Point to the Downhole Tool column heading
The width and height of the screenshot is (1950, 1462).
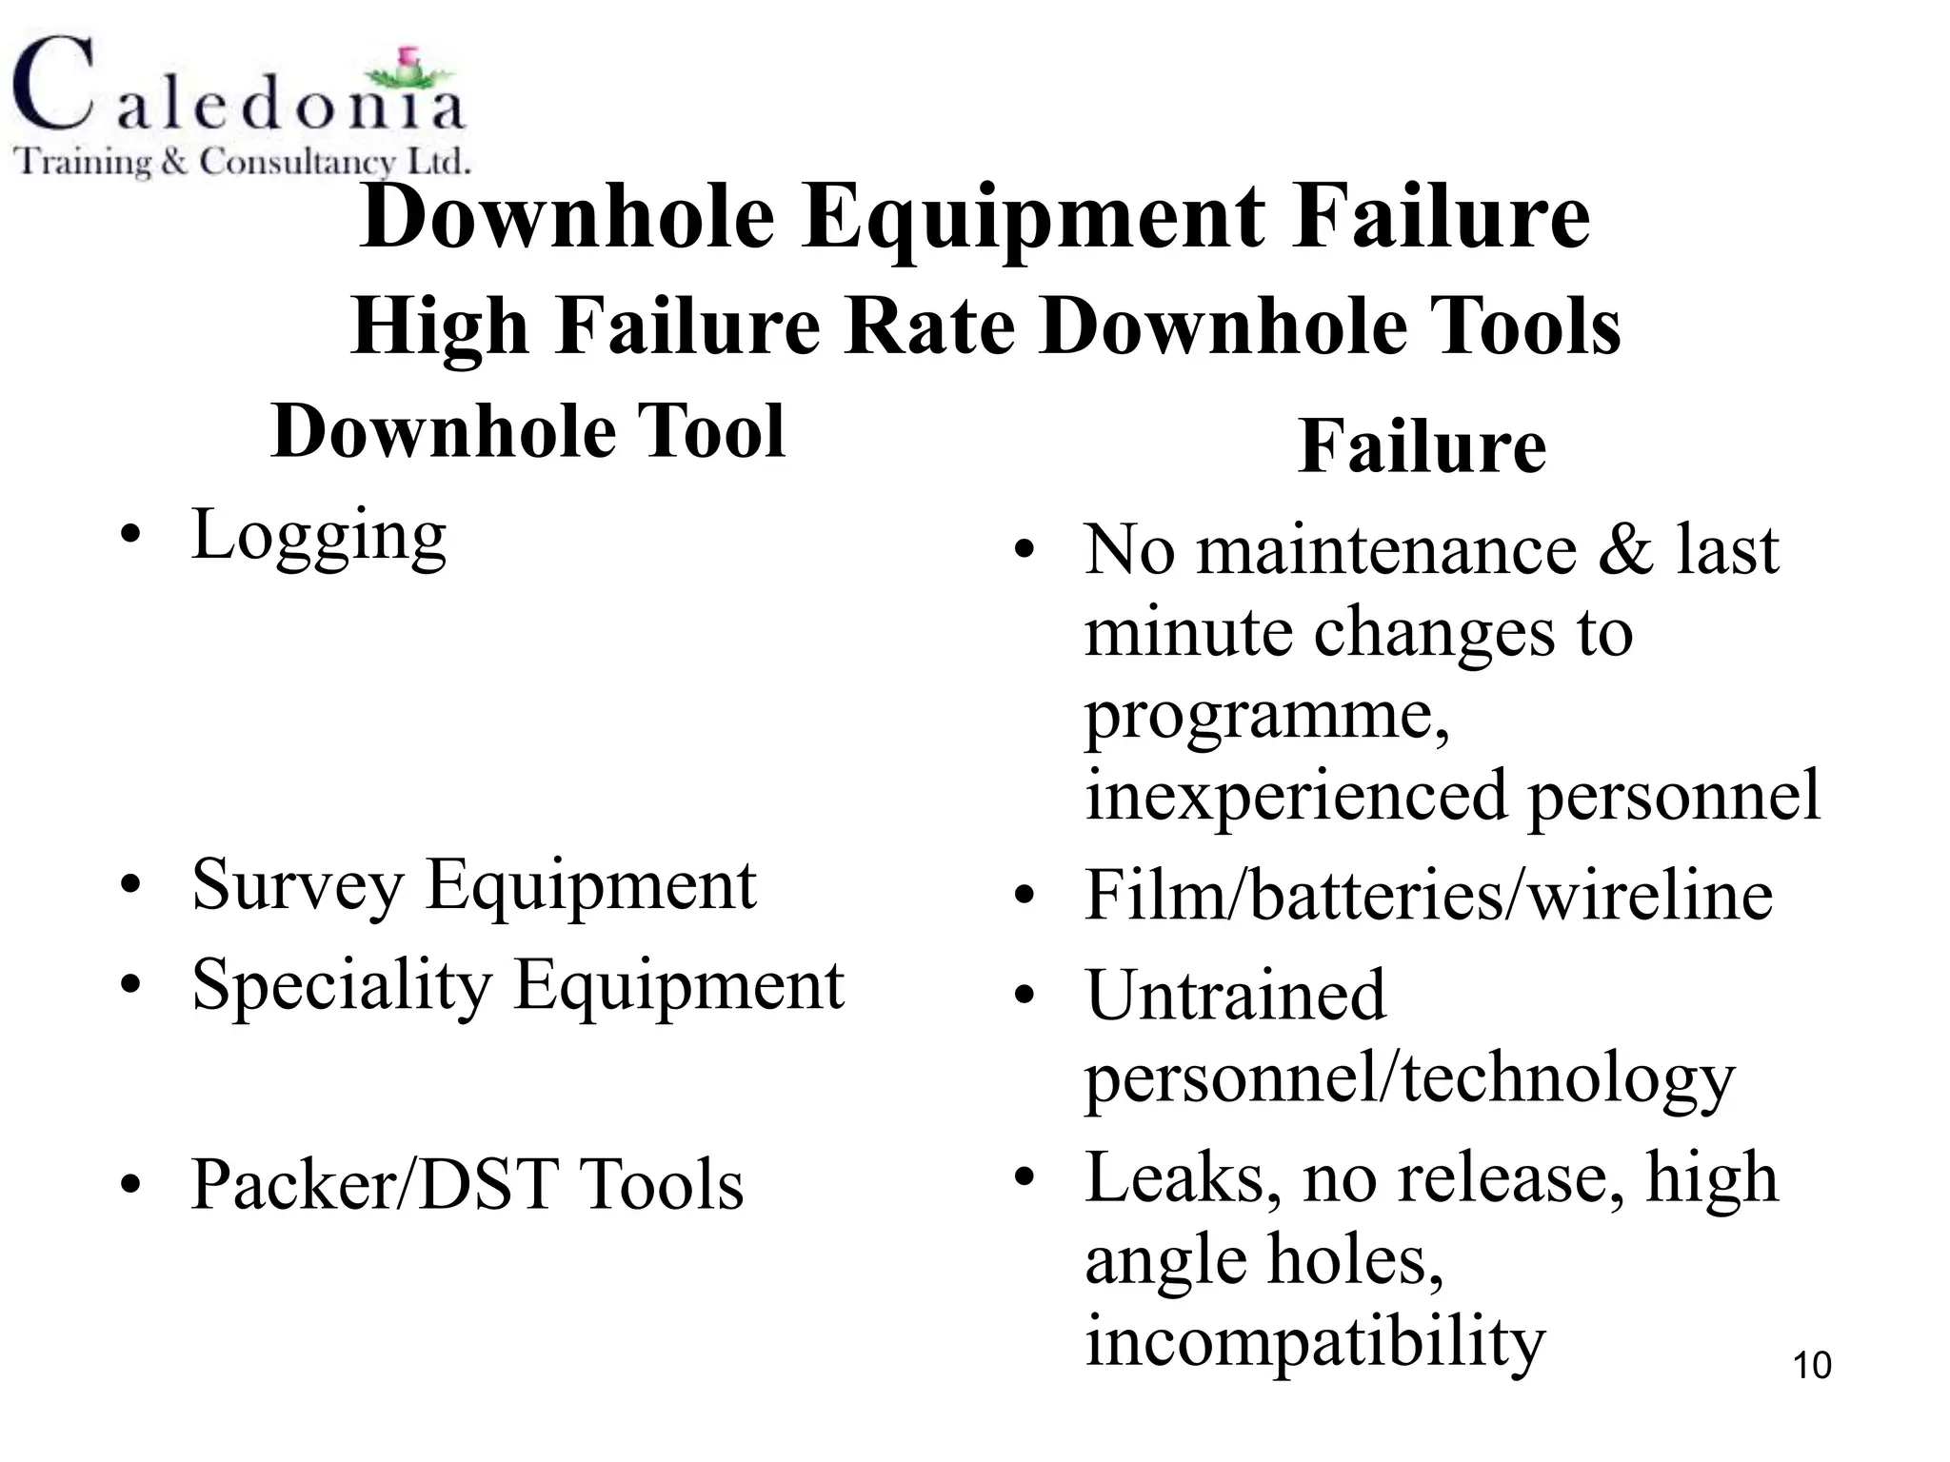pyautogui.click(x=527, y=431)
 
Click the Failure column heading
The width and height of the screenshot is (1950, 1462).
pyautogui.click(x=1422, y=446)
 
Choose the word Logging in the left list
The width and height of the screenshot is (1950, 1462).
pyautogui.click(x=319, y=536)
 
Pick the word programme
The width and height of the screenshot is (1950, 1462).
pyautogui.click(x=1266, y=716)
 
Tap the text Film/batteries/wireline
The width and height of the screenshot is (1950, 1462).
pyautogui.click(x=1428, y=896)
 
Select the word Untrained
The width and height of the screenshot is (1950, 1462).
pyautogui.click(x=1236, y=996)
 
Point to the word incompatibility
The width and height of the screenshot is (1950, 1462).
pyautogui.click(x=1315, y=1342)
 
